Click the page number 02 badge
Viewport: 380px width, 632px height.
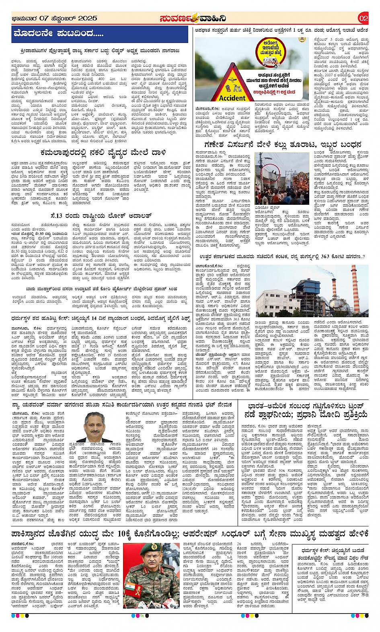coord(363,18)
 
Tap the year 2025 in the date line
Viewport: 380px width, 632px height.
coord(88,18)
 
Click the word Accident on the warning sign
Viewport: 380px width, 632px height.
coord(232,98)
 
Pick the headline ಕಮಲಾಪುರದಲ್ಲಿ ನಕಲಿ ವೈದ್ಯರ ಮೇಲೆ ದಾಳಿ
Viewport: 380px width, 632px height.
coord(109,152)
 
